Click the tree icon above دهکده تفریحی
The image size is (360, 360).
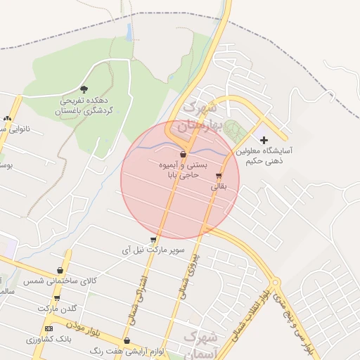click(x=84, y=90)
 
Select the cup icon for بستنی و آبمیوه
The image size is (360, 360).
click(x=184, y=154)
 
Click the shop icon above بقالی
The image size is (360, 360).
click(x=219, y=176)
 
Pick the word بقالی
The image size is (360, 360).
click(x=219, y=188)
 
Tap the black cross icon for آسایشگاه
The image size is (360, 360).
click(x=264, y=141)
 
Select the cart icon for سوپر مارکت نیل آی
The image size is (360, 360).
click(x=153, y=240)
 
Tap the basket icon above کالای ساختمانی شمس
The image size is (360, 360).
click(x=60, y=270)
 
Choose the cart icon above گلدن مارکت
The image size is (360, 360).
click(x=57, y=298)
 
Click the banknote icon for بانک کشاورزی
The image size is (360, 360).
click(x=49, y=328)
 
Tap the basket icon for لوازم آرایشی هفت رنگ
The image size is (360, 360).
click(x=127, y=341)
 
